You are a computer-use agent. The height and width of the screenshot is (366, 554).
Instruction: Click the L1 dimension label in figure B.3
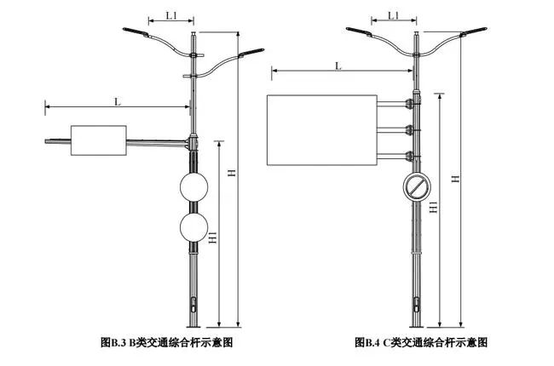171,15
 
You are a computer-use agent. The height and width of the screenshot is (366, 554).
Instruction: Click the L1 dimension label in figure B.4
393,15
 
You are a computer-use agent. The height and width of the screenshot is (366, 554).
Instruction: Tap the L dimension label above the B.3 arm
118,102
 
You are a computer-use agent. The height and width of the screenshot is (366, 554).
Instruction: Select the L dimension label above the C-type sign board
338,66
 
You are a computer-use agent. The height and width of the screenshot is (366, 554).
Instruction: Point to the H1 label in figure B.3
213,237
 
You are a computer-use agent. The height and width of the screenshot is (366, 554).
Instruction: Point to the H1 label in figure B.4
434,208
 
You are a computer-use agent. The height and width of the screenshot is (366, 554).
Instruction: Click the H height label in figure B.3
232,173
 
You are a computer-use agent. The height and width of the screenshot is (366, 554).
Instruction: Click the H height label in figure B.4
455,179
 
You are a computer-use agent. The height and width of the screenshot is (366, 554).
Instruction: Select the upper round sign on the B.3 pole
193,187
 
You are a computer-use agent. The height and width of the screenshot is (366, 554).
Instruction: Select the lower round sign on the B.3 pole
193,227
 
